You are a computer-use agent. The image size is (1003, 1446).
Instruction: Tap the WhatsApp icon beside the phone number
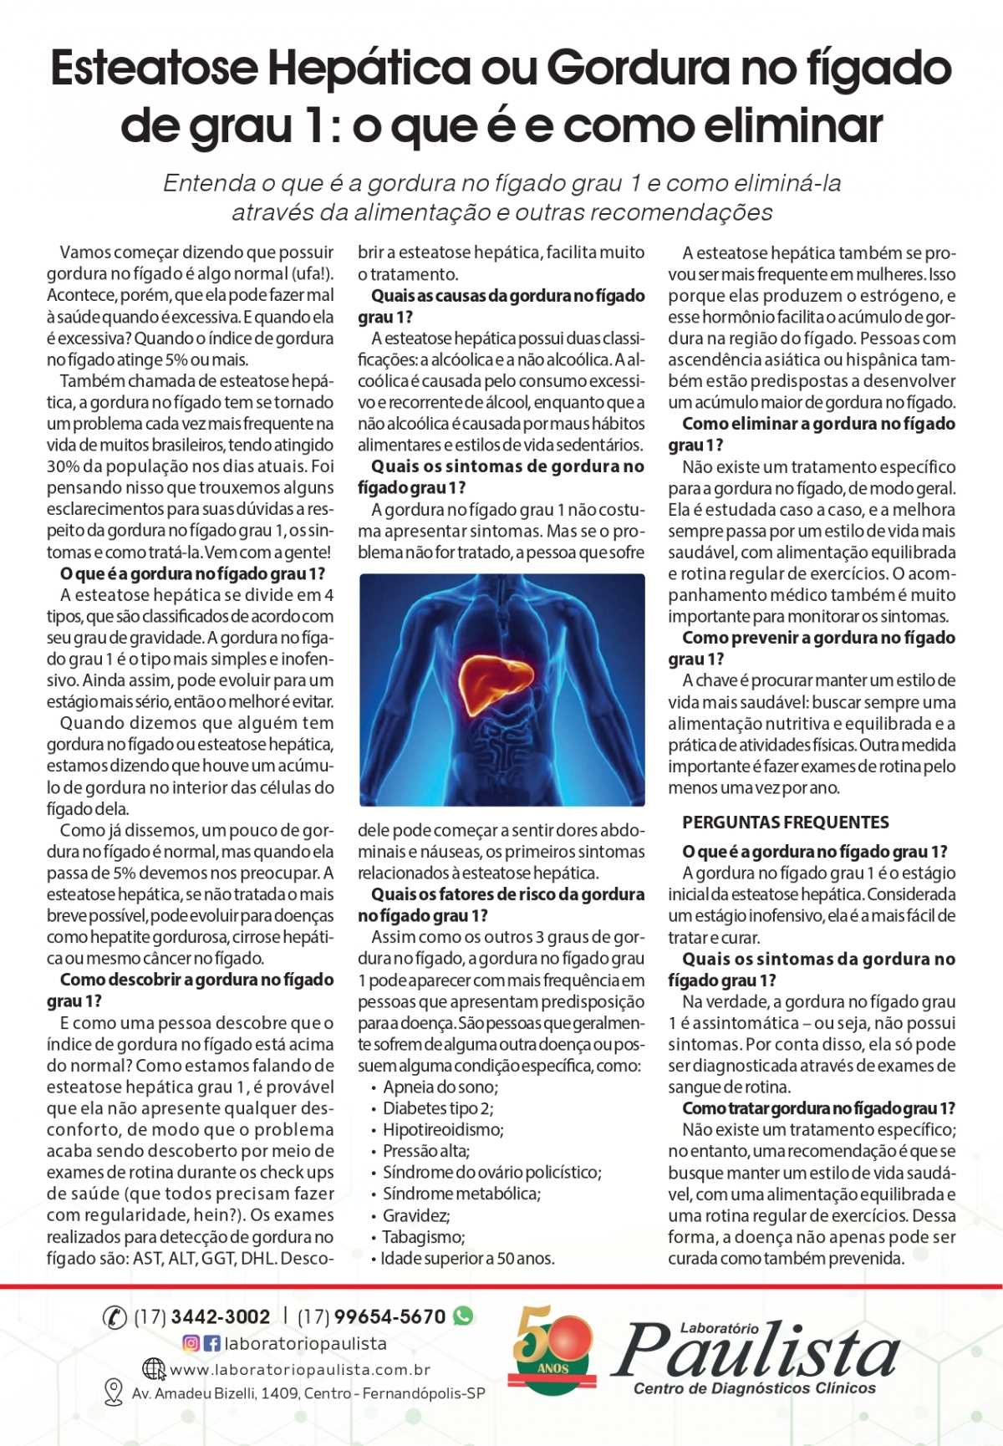coord(463,1316)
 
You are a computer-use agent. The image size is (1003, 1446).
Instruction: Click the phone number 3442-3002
coord(220,1316)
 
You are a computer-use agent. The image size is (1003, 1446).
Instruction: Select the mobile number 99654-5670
coord(389,1316)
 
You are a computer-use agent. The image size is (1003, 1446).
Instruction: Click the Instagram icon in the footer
coord(191,1343)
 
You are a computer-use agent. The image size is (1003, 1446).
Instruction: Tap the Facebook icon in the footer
coord(211,1343)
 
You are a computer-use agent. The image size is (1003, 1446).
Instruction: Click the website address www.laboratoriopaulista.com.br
coord(300,1370)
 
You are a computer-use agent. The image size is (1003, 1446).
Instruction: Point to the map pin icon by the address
coord(113,1393)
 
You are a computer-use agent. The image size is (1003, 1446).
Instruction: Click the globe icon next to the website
coord(154,1369)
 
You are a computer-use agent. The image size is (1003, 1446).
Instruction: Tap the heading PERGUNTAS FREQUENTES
coord(785,822)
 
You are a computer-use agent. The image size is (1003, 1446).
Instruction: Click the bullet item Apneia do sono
coord(440,1087)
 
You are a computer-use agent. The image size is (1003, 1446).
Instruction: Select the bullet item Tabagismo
coord(423,1237)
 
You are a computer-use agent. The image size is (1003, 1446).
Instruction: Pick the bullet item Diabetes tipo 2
coord(437,1108)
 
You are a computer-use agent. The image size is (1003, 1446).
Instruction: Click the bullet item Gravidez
coord(416,1215)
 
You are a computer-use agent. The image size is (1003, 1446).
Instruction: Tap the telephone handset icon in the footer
coord(115,1317)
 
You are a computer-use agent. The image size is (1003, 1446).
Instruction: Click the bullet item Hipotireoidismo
coord(443,1130)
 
